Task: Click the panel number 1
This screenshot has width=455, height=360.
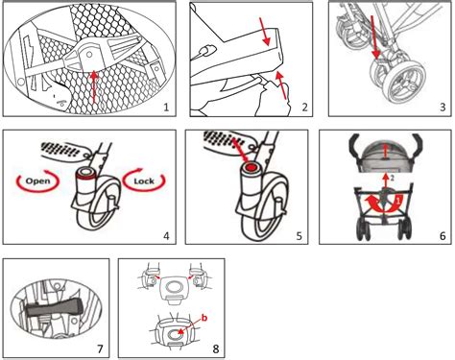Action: (x=166, y=108)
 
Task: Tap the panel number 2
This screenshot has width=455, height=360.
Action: (x=304, y=108)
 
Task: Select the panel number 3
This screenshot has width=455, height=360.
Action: (x=443, y=108)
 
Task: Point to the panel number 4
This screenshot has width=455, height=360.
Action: (x=166, y=236)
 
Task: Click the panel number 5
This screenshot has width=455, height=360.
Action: (x=299, y=236)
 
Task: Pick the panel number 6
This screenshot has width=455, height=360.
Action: (x=443, y=236)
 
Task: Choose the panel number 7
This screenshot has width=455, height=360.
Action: (x=100, y=348)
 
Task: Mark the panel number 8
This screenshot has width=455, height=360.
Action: (x=216, y=348)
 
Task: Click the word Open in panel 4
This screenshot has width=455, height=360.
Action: (x=37, y=181)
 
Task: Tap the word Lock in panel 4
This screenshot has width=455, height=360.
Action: (x=144, y=181)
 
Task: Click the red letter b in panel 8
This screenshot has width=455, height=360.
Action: (x=204, y=318)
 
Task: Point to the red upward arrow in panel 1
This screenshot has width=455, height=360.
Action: (x=93, y=86)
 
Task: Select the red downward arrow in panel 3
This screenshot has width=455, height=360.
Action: (x=374, y=37)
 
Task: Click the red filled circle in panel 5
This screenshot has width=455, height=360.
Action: (x=251, y=167)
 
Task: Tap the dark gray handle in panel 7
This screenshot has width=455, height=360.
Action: (x=53, y=308)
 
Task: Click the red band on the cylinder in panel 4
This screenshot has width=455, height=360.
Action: (x=86, y=175)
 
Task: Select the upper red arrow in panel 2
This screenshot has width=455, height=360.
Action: (x=265, y=32)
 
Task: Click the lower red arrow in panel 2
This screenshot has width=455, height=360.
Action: (x=280, y=84)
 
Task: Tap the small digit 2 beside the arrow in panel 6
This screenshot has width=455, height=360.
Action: (x=393, y=180)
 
